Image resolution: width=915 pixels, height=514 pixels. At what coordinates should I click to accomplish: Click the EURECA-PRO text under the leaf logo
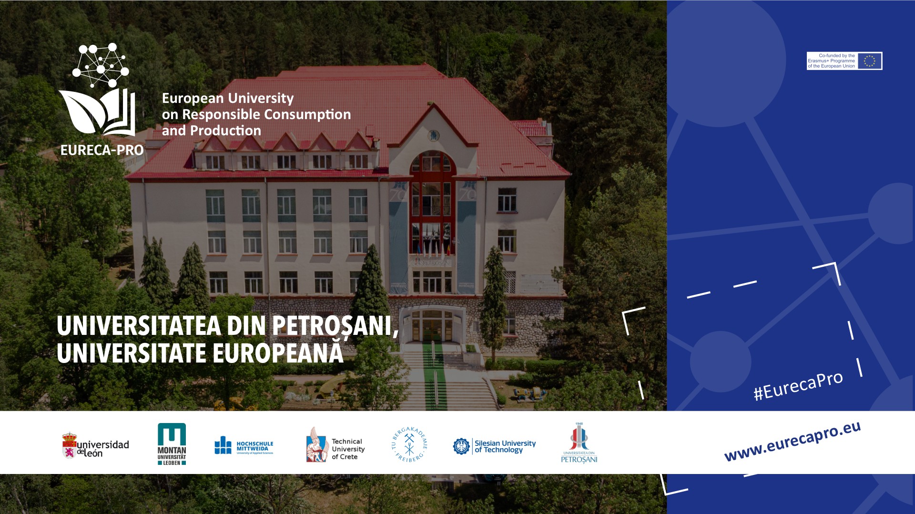click(102, 150)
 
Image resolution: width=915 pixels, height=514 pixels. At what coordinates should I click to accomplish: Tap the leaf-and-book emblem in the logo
click(98, 112)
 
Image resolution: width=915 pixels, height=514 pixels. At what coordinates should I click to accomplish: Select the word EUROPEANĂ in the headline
click(278, 353)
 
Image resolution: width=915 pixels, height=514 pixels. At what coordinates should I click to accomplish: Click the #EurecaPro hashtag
click(798, 385)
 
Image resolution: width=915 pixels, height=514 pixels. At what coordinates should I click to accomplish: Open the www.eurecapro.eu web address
click(792, 442)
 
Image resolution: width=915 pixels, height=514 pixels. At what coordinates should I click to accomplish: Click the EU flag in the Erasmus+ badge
click(869, 61)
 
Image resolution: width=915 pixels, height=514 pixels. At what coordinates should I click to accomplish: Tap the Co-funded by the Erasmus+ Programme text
click(832, 61)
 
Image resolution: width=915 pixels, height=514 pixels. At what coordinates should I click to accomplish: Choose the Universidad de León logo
click(96, 446)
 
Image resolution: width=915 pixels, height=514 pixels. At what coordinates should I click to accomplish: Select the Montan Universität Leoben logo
click(172, 444)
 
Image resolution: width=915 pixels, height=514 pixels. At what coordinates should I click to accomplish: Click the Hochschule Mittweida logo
click(244, 446)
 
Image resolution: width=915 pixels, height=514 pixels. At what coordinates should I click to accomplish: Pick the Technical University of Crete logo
click(335, 445)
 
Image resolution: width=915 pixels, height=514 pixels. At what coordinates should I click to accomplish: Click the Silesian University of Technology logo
click(494, 446)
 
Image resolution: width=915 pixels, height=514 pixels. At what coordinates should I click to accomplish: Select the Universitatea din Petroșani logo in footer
click(579, 443)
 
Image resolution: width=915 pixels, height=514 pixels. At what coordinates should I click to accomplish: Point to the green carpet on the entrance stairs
click(435, 376)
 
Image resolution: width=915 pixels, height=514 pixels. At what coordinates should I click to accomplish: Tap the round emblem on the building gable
click(433, 135)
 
